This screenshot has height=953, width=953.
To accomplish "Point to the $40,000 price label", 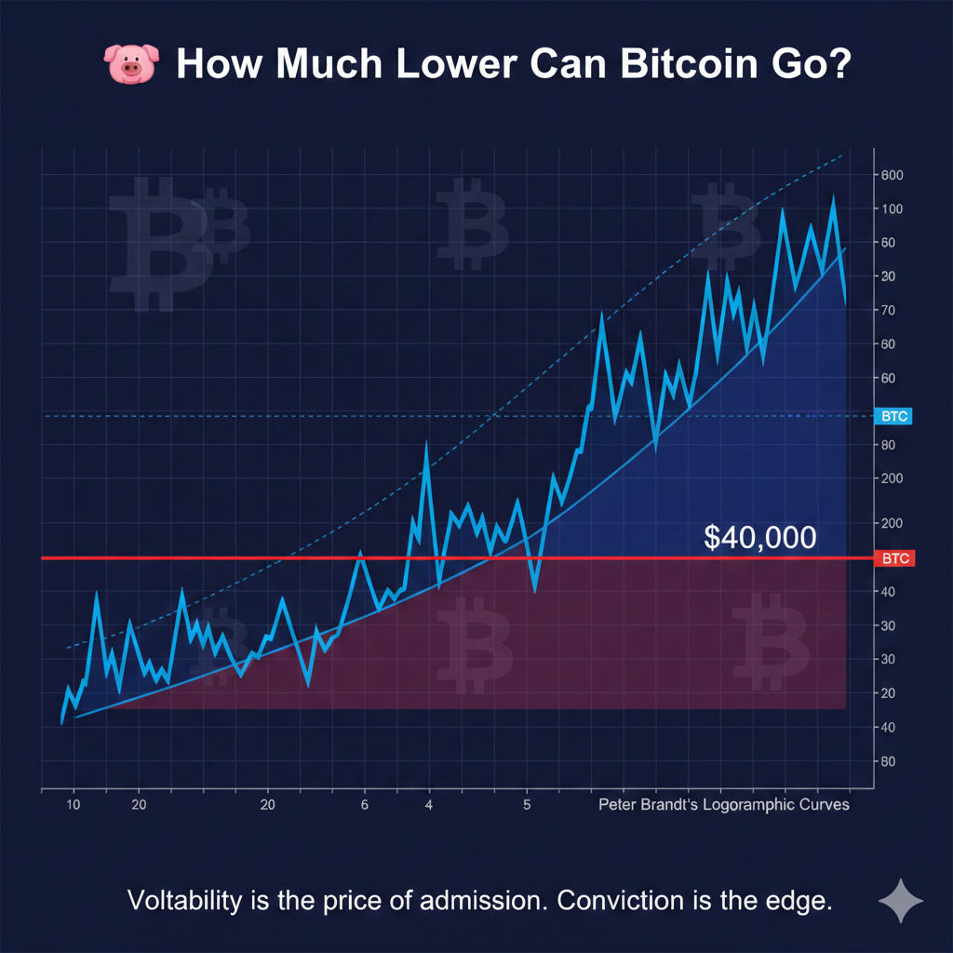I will click(x=760, y=537).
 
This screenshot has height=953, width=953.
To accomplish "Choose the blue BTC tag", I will click(x=894, y=416).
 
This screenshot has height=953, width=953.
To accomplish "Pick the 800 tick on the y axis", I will click(x=893, y=175).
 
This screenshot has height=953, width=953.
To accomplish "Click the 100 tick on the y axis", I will click(x=893, y=208).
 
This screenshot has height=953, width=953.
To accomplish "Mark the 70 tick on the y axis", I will click(x=891, y=310).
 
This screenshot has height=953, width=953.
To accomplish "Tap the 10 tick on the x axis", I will click(x=74, y=804).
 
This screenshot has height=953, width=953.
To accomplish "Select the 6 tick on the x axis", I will click(x=365, y=804).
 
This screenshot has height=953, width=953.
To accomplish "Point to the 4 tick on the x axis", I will click(x=429, y=804).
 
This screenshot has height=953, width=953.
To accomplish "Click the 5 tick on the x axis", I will click(x=527, y=804).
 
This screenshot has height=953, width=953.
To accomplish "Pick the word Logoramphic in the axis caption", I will click(x=753, y=804).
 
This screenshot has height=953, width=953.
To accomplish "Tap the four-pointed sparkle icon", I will click(x=901, y=901).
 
